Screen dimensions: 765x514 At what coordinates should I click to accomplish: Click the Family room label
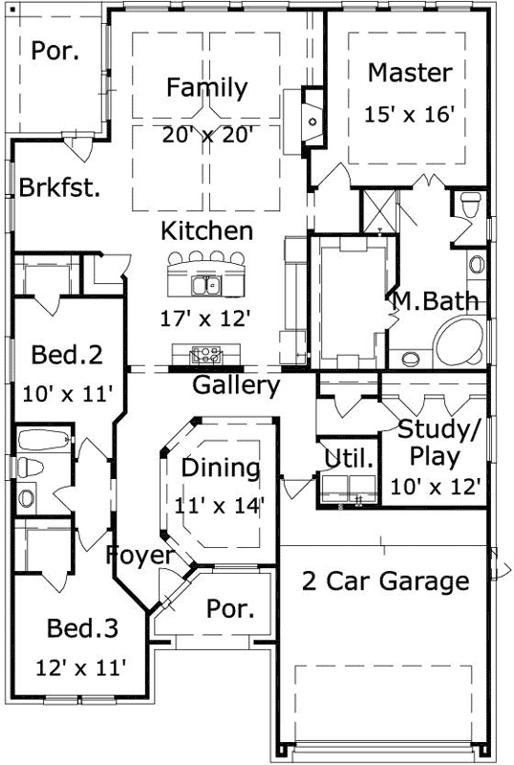[206, 88]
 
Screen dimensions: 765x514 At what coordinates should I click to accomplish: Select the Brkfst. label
[59, 187]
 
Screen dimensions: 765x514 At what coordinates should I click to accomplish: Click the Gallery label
[236, 386]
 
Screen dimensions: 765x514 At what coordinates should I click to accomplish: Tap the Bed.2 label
[67, 356]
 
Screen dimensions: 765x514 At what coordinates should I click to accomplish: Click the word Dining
[221, 469]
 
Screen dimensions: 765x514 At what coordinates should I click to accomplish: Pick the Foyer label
[139, 555]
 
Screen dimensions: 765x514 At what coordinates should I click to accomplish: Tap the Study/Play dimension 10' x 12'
[435, 485]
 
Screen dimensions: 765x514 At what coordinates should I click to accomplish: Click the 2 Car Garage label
[386, 580]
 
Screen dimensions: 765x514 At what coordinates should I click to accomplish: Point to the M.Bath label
[435, 303]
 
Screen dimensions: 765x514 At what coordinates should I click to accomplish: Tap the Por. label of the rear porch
[56, 50]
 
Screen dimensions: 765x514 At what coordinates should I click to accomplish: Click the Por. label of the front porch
[230, 609]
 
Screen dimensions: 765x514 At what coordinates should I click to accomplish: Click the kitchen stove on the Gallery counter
[203, 356]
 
